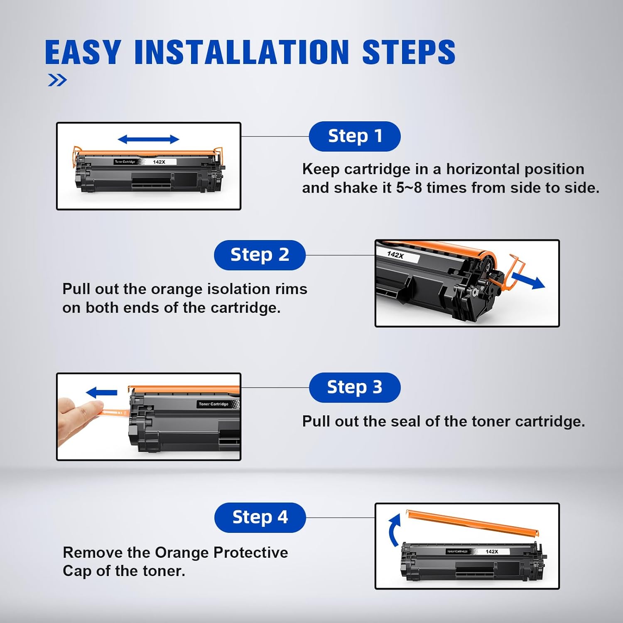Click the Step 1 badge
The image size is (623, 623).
tap(355, 136)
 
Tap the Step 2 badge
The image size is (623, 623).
tap(260, 255)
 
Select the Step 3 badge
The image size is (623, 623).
tap(355, 388)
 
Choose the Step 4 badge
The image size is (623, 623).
tap(260, 518)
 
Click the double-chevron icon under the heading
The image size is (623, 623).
tap(57, 80)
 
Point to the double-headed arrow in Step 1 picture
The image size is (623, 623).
tap(148, 140)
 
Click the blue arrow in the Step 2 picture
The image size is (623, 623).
tap(528, 281)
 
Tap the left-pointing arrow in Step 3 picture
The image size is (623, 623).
tap(101, 392)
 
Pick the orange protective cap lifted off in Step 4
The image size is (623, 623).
tap(472, 522)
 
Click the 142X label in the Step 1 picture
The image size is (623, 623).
tap(159, 162)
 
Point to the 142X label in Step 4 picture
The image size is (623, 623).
tap(492, 552)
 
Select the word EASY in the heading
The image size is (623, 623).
tap(83, 52)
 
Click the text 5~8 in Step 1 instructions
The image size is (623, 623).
tap(409, 188)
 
